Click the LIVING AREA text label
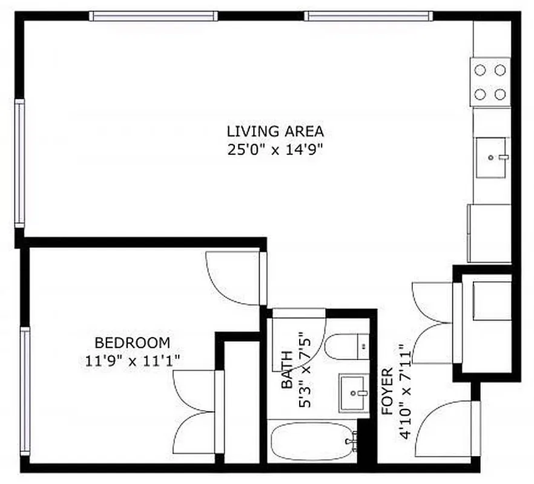click(275, 131)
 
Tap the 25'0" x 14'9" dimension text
click(275, 149)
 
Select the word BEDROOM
click(132, 343)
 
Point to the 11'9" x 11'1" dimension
click(132, 361)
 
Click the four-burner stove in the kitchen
click(490, 82)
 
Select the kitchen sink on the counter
click(492, 158)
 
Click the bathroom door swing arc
click(300, 339)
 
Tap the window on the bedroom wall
click(24, 390)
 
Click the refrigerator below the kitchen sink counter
click(489, 233)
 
